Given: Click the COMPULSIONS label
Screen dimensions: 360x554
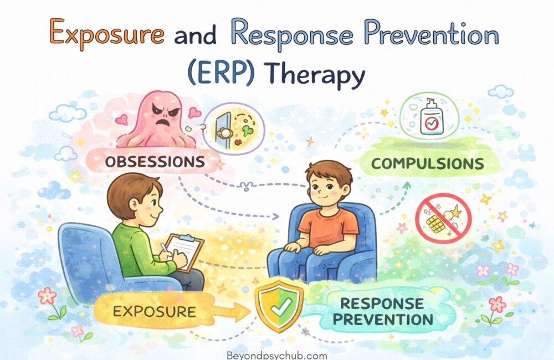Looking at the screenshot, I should [428, 164].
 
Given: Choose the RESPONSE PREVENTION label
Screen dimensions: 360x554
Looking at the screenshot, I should [386, 311].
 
